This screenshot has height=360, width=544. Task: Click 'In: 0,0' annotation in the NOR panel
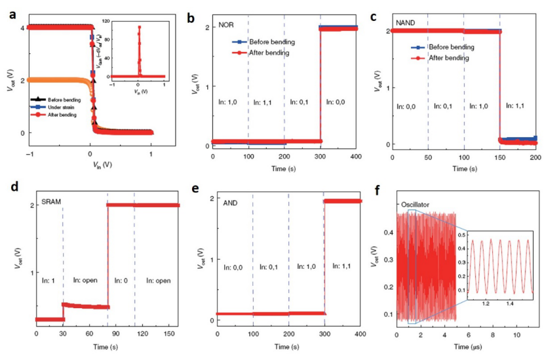339,102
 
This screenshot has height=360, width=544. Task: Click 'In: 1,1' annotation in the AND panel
342,267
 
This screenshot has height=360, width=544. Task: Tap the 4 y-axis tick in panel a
22,28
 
